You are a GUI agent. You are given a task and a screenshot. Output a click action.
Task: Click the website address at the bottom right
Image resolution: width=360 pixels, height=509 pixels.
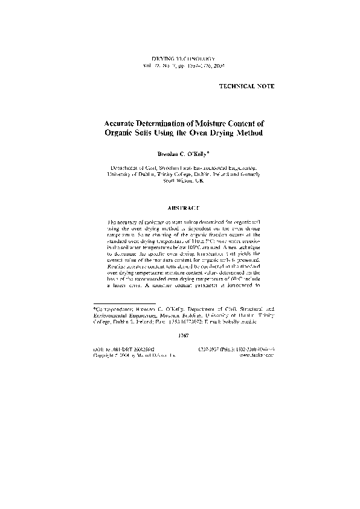pos(257,356)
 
